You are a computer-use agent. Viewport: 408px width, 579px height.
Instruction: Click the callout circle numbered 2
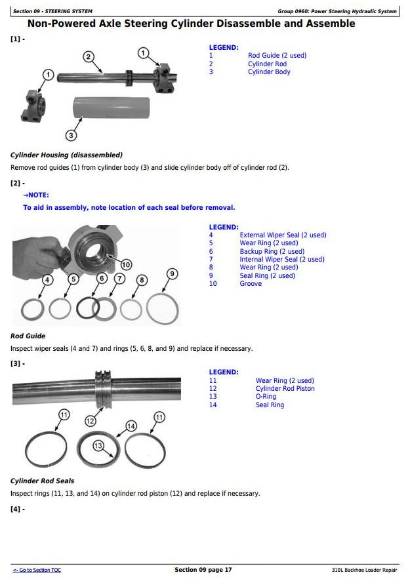[89, 56]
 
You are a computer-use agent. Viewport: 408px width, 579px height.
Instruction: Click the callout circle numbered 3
[71, 136]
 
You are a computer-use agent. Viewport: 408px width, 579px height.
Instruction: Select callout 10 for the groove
[125, 265]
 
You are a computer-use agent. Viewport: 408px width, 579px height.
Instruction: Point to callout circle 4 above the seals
[47, 280]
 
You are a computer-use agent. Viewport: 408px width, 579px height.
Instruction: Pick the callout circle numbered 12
[91, 420]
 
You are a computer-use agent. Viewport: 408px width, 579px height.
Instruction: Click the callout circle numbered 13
[99, 446]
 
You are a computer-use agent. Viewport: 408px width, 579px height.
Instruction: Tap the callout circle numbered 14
[131, 426]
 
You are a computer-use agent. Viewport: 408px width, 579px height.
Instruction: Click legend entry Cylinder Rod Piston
[285, 388]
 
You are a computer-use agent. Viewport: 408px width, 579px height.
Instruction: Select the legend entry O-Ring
[266, 397]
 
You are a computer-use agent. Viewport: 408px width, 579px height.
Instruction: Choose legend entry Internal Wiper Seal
[282, 259]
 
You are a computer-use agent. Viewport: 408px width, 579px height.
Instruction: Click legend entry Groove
[251, 284]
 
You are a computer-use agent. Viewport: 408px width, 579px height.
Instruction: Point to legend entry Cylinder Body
[269, 72]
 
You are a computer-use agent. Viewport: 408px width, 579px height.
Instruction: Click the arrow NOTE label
[36, 195]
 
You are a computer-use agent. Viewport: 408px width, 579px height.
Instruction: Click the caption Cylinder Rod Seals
[43, 481]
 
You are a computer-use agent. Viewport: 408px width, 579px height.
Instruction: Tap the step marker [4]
[18, 509]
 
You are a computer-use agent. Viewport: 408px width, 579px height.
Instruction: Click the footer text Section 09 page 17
[203, 570]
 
